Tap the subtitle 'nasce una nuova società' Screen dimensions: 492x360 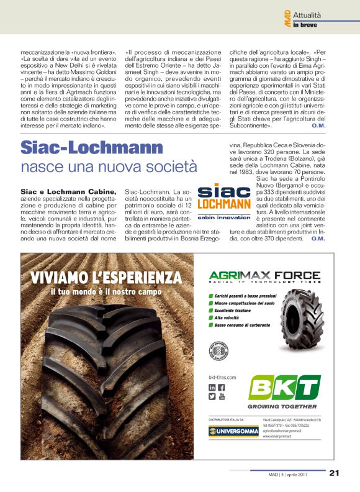(x=109, y=167)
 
